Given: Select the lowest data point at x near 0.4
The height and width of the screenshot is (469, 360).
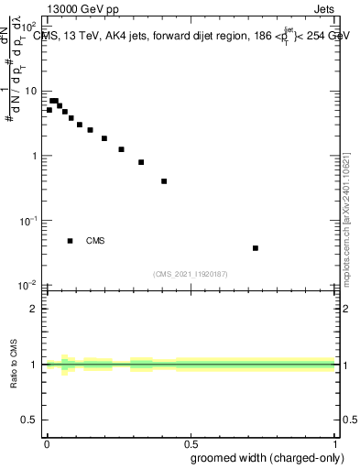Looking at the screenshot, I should coord(164,180).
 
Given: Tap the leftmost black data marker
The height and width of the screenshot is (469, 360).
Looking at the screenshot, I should coord(49,110).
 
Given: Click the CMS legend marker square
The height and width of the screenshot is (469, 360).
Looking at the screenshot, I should coord(70,241).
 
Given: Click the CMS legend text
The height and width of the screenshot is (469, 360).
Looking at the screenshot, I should coord(95,241).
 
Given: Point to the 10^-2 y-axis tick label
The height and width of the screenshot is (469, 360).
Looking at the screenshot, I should coord(27,285).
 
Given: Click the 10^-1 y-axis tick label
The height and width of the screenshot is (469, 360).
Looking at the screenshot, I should coord(27,221).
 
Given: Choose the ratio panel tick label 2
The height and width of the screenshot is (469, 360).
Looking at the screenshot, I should coord(34,309).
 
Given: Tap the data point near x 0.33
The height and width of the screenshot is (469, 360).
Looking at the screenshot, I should coord(141,162).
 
